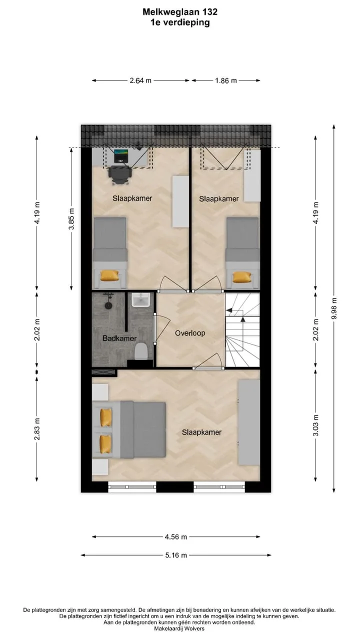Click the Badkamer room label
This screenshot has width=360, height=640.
click(119, 338)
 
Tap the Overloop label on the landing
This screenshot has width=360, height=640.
click(190, 333)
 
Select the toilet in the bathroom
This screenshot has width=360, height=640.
click(140, 351)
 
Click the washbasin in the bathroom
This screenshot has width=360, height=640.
click(141, 299)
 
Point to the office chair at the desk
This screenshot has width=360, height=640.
click(120, 174)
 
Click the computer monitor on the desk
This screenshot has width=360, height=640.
click(121, 156)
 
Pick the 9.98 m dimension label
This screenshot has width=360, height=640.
click(334, 308)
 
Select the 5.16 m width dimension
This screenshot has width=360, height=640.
click(176, 555)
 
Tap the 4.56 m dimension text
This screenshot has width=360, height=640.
click(176, 537)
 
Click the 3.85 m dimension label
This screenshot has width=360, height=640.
click(71, 218)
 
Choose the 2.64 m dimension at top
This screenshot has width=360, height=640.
click(140, 80)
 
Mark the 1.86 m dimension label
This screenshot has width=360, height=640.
click(226, 80)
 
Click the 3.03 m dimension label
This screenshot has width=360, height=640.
click(315, 425)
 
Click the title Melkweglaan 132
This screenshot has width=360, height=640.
click(180, 11)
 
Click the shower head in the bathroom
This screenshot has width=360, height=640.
click(108, 305)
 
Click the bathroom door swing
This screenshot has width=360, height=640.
click(162, 328)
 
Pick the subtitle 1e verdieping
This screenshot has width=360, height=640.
click(180, 22)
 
